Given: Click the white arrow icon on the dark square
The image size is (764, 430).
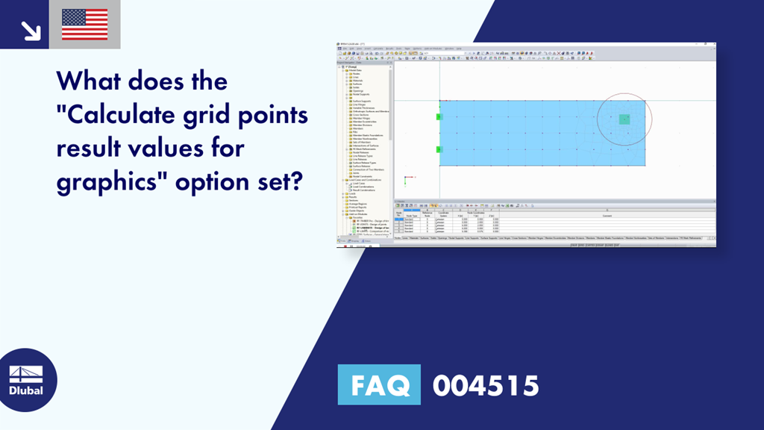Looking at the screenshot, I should click(x=30, y=30).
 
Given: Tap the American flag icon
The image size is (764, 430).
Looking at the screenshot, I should click(x=84, y=25).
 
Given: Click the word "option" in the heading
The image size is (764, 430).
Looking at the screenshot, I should click(x=200, y=181).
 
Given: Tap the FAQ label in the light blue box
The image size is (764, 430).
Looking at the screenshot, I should click(x=379, y=386).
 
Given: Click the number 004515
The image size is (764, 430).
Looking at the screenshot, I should click(x=486, y=386).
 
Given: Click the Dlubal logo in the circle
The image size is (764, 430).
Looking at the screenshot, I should click(x=26, y=380).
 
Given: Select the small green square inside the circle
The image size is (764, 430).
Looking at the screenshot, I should click(x=624, y=119).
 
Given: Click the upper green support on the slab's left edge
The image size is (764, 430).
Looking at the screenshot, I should click(x=439, y=116).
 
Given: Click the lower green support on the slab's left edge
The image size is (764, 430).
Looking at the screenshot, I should click(x=439, y=149).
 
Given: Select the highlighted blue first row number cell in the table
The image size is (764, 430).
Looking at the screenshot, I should click(x=399, y=219).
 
